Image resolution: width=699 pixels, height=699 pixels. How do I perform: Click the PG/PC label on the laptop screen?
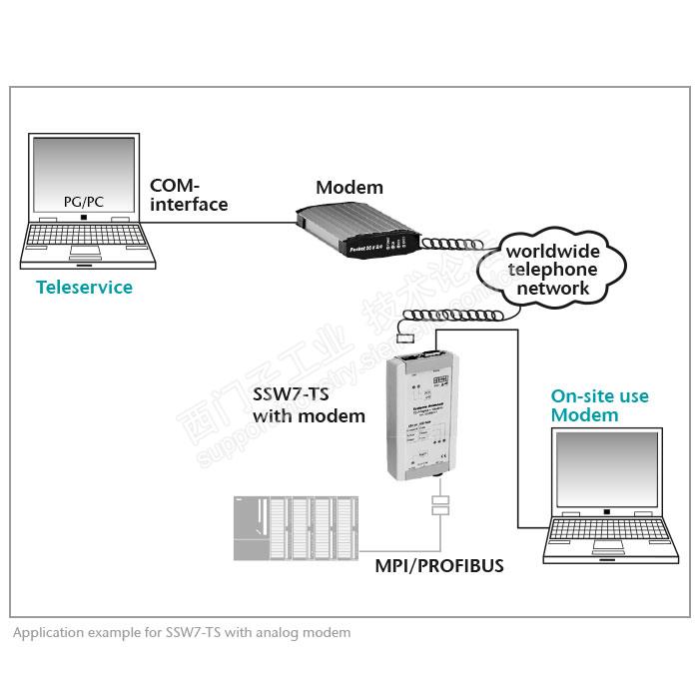[84, 202]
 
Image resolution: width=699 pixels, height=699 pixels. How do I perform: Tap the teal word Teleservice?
[84, 288]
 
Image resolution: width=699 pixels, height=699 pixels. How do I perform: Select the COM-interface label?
[189, 195]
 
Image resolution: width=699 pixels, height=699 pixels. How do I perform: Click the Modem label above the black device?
[349, 188]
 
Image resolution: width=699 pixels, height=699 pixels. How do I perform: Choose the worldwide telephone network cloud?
[551, 269]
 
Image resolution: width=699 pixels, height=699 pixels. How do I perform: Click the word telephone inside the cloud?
[551, 269]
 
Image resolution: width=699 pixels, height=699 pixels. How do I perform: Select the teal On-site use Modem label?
[599, 405]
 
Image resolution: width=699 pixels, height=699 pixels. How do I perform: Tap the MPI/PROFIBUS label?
[439, 566]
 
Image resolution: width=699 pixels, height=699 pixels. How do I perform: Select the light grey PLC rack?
[295, 526]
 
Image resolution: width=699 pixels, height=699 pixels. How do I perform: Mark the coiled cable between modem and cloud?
[455, 246]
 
